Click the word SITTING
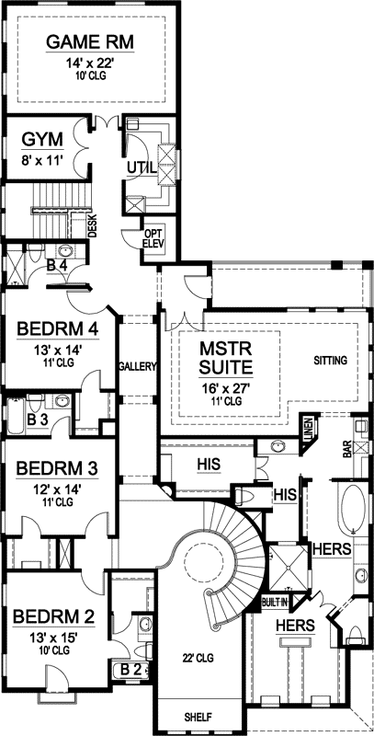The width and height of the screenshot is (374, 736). coord(330,360)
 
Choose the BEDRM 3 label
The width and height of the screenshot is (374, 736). coord(57,468)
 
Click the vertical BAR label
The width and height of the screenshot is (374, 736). coord(348,450)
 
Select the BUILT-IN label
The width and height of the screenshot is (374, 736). coord(275,602)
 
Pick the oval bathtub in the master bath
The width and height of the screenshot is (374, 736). coord(352,512)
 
